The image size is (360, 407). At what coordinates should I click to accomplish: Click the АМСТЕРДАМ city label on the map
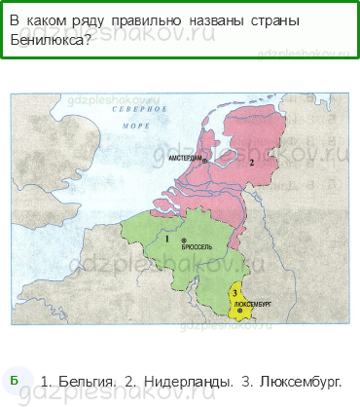tap(183, 157)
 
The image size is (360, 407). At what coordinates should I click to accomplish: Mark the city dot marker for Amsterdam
tap(205, 158)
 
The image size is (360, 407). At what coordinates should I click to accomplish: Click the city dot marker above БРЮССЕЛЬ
tap(185, 240)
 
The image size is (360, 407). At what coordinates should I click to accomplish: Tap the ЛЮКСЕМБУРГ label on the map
tap(255, 304)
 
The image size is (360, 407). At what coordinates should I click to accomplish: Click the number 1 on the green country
tap(167, 239)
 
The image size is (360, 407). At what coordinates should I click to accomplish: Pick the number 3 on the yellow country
tap(235, 292)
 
